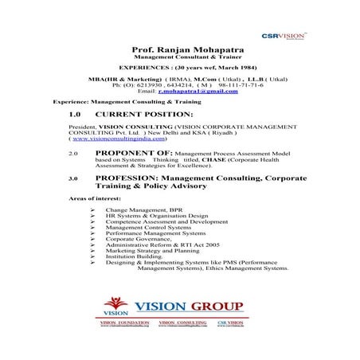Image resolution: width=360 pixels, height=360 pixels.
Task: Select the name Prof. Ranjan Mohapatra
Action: [180, 51]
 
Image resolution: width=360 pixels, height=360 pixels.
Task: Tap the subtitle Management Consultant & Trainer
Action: [180, 59]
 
